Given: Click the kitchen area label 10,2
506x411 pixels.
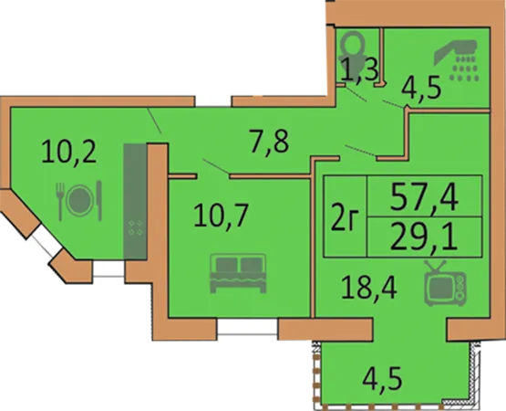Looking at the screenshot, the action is tap(69, 153).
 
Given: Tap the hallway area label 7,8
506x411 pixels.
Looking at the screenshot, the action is tap(269, 142).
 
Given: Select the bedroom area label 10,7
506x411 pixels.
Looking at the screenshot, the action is tap(221, 216).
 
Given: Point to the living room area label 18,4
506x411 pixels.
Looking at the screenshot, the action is tap(369, 288).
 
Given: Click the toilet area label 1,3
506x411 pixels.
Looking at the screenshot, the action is tap(359, 68).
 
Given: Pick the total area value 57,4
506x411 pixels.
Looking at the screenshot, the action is tap(424, 197).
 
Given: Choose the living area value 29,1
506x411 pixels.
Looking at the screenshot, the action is tap(424, 237).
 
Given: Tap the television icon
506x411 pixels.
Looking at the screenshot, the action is tap(445, 283).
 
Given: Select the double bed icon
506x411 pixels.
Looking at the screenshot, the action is tap(238, 273).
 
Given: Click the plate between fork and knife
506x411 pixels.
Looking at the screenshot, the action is tap(79, 200).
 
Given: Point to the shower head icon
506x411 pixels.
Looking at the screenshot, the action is tap(456, 60).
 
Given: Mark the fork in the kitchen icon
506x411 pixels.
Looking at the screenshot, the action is tap(60, 202).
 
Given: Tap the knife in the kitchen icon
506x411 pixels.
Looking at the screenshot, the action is tap(99, 201).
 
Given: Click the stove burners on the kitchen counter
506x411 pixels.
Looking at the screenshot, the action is tap(136, 227).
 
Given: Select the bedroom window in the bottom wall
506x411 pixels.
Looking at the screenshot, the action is tap(247, 327).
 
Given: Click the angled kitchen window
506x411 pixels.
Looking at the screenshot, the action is tap(45, 240).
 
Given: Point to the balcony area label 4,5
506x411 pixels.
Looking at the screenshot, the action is tap(383, 380).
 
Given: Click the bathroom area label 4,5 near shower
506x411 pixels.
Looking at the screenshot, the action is tap(421, 88).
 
